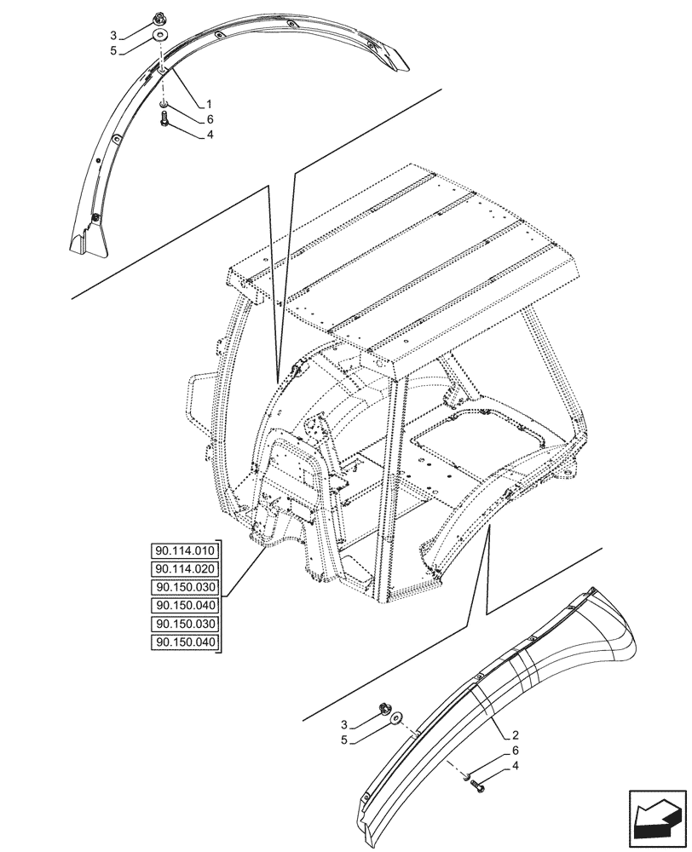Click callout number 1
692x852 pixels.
(209, 104)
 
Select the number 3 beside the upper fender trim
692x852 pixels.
(113, 35)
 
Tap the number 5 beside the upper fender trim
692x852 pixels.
(113, 50)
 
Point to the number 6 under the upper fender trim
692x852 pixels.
(209, 119)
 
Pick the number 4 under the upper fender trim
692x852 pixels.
(209, 135)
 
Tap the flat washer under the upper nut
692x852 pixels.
(160, 36)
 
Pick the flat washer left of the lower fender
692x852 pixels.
(396, 722)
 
